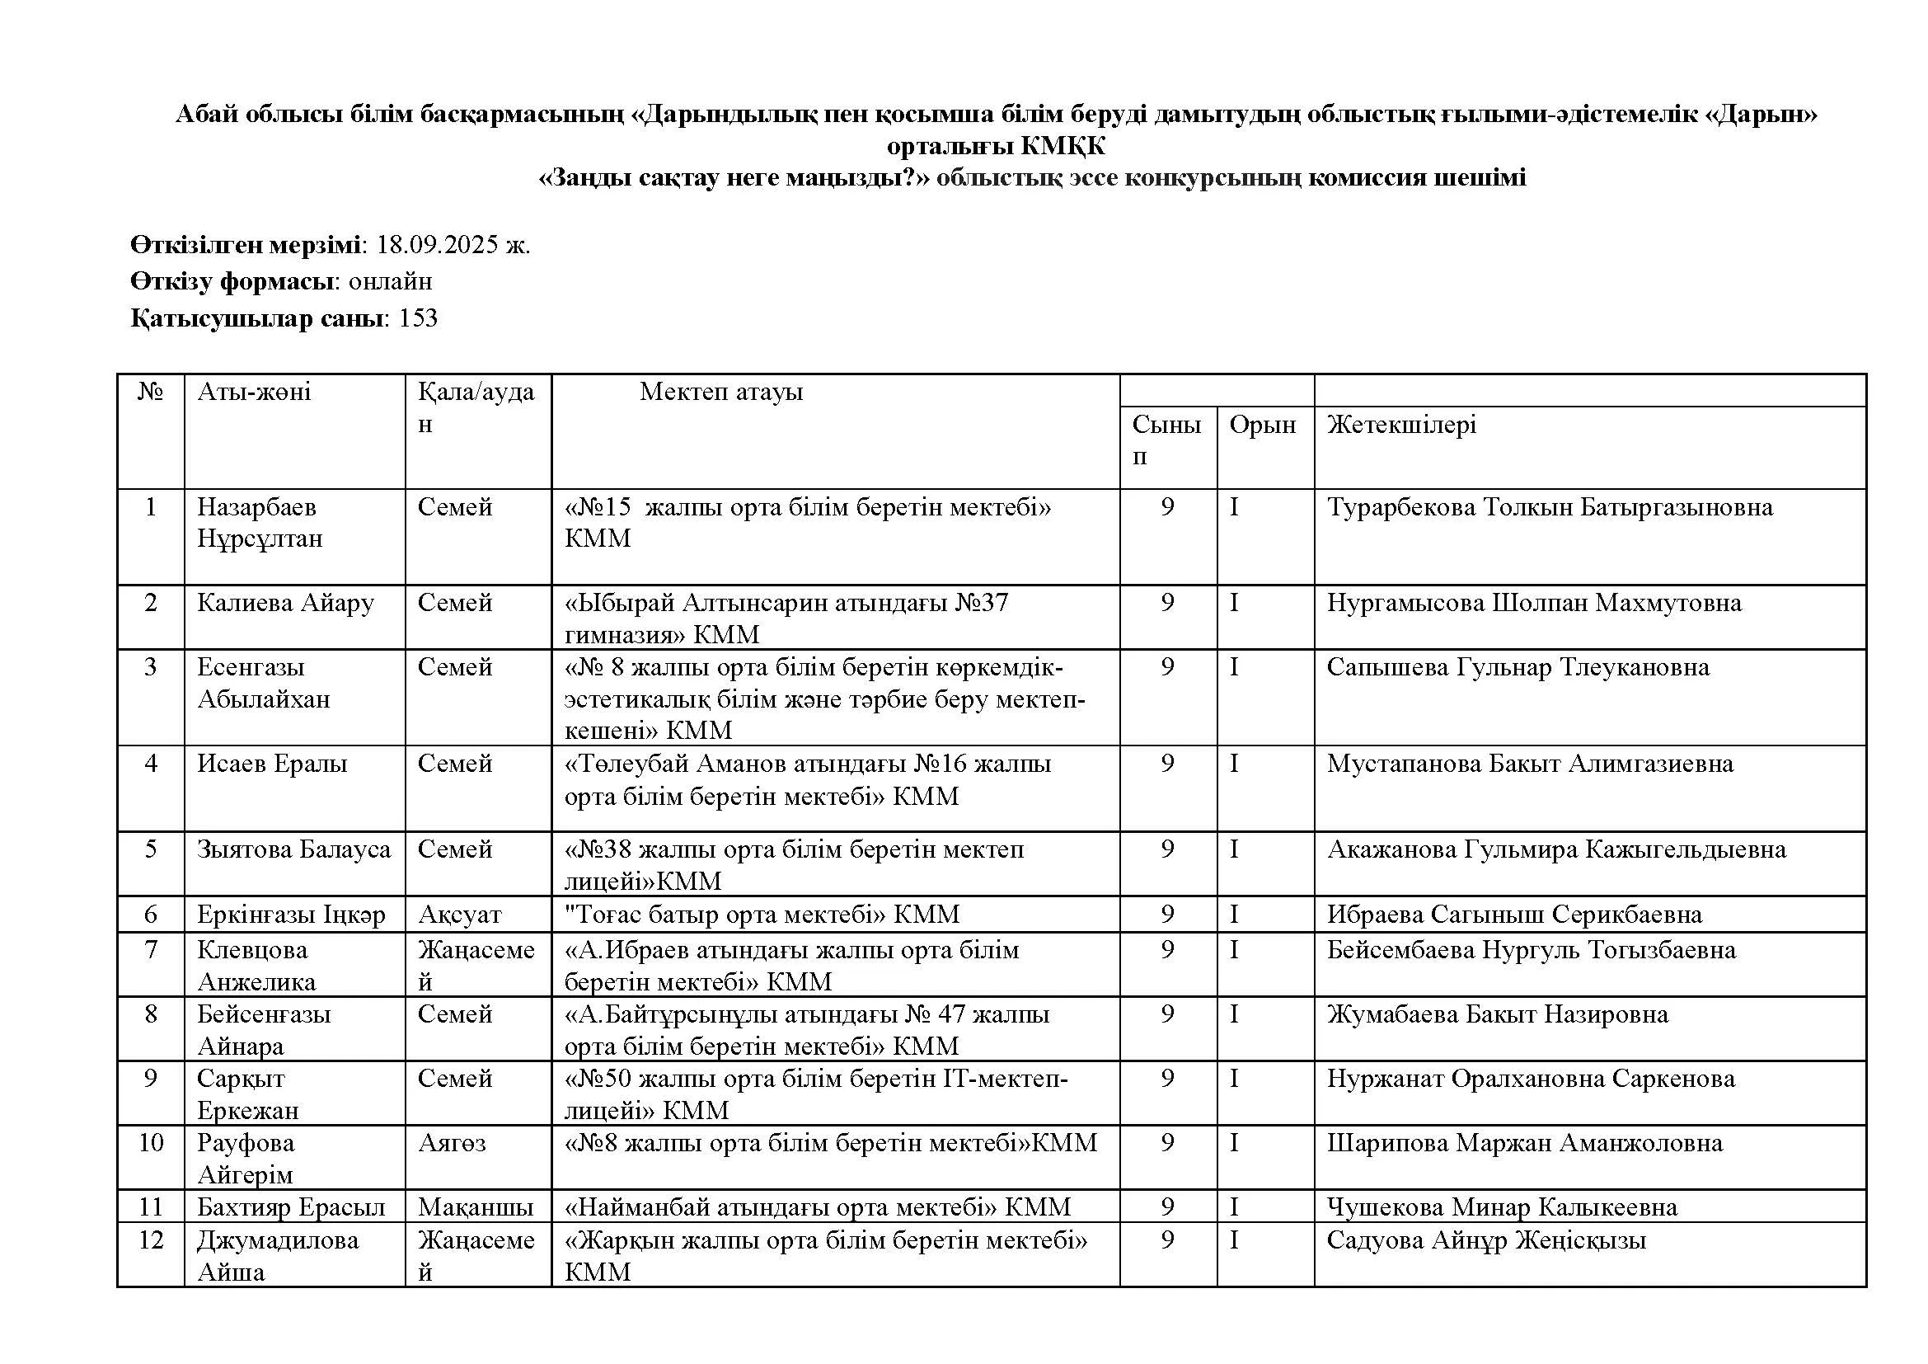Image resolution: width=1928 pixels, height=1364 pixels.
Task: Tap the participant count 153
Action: click(x=418, y=318)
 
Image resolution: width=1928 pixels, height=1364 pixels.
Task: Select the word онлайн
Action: click(x=390, y=281)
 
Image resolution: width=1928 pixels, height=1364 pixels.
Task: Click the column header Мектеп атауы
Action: click(x=720, y=392)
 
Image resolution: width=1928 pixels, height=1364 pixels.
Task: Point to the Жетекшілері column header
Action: click(x=1400, y=425)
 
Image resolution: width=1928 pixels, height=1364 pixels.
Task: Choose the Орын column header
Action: click(x=1262, y=425)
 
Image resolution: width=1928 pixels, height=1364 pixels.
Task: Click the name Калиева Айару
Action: click(x=285, y=603)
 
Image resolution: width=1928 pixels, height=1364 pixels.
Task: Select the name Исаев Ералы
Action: click(x=272, y=764)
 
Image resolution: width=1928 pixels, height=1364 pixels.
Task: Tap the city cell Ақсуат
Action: click(x=459, y=914)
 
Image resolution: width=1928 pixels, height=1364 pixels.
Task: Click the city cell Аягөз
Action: click(x=452, y=1143)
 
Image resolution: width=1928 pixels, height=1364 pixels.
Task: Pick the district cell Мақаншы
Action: click(x=476, y=1207)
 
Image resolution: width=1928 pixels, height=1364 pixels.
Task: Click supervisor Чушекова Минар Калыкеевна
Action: click(x=1501, y=1207)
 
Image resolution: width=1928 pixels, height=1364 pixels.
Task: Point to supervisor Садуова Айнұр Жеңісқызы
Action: click(x=1486, y=1240)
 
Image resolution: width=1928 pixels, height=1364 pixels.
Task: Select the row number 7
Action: click(x=151, y=950)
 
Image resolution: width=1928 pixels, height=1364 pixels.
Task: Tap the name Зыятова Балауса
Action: click(x=294, y=849)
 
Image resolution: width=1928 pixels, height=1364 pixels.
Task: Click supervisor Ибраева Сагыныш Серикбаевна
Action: click(x=1514, y=914)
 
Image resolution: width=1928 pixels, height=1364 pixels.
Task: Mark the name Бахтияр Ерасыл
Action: click(x=290, y=1207)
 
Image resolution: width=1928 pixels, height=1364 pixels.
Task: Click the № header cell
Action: click(x=150, y=392)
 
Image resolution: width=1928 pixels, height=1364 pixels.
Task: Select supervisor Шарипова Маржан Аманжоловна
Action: click(x=1524, y=1143)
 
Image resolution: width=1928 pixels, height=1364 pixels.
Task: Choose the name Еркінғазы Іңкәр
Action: click(x=290, y=914)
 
